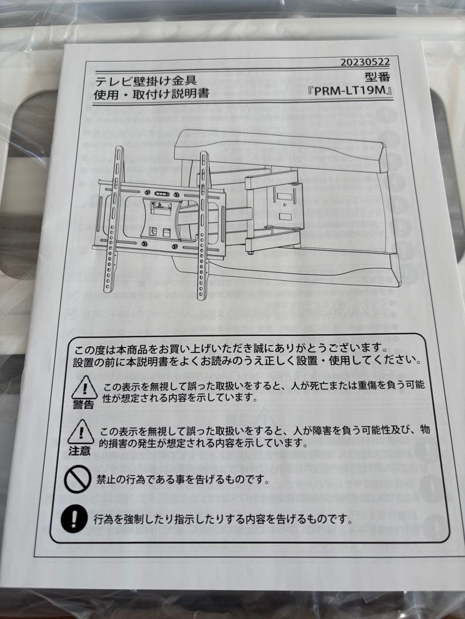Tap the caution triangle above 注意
pyautogui.click(x=80, y=432)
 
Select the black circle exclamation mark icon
pyautogui.click(x=73, y=518)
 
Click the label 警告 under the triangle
pyautogui.click(x=83, y=405)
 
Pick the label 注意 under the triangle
pyautogui.click(x=80, y=450)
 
